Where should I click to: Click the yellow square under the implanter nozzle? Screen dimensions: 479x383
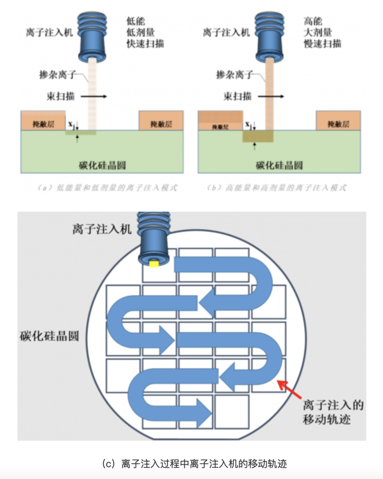click(x=154, y=263)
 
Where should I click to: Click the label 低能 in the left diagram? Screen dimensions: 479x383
click(x=135, y=21)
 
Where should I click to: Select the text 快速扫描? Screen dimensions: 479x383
click(x=145, y=44)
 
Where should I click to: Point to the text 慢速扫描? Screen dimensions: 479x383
click(x=322, y=44)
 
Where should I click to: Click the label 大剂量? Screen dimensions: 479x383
click(x=318, y=32)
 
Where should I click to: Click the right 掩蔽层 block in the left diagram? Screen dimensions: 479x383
click(x=161, y=121)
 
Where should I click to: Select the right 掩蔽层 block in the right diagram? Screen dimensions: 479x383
click(x=338, y=121)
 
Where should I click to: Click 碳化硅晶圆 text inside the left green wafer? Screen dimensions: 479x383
click(x=102, y=165)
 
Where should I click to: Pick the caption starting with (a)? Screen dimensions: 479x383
click(x=107, y=188)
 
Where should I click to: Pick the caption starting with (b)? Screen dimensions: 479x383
click(x=277, y=188)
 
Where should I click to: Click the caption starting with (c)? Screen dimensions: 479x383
click(x=194, y=463)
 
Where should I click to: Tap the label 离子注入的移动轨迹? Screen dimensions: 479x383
click(x=333, y=412)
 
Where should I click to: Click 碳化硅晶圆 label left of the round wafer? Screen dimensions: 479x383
click(x=49, y=336)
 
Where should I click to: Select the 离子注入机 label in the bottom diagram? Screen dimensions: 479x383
click(x=102, y=229)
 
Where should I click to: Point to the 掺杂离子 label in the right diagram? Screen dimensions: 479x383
click(x=234, y=75)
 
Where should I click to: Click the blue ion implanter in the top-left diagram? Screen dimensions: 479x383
click(x=92, y=37)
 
